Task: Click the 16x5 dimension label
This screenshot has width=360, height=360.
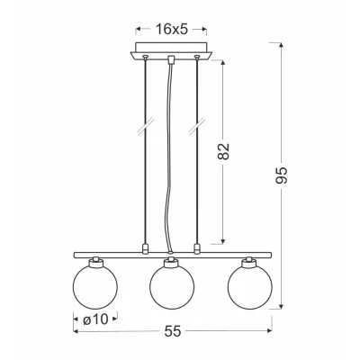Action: pos(171,30)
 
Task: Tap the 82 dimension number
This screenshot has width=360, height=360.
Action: pos(223,151)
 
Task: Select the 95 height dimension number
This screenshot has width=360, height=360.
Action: pos(282,175)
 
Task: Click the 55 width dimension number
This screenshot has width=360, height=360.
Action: pos(173,331)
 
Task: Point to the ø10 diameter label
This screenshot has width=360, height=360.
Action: pos(95,319)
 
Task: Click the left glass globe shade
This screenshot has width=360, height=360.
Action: pos(95,287)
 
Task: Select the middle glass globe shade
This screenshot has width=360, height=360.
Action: pos(172,287)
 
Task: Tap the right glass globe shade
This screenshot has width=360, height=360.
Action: pos(250,287)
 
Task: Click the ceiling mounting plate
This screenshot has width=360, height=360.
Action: pos(171,51)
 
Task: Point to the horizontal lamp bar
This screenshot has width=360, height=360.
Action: pos(173,255)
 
